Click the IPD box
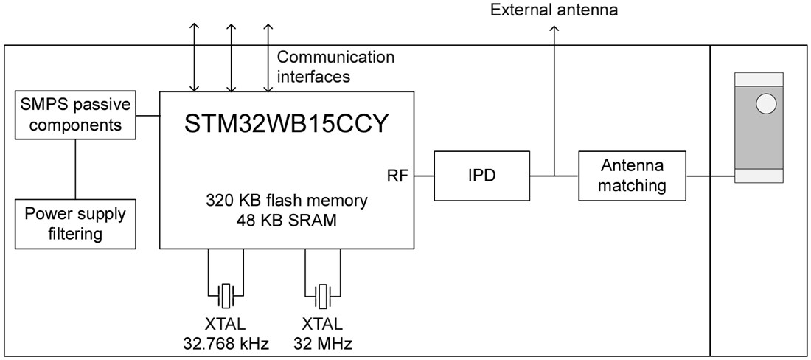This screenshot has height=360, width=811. click(x=482, y=176)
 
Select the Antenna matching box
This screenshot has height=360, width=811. click(x=631, y=176)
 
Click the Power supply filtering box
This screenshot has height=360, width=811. click(x=75, y=224)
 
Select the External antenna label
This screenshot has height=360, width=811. click(x=554, y=10)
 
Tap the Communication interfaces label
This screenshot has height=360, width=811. click(x=335, y=66)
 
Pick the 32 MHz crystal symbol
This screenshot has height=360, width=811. click(x=323, y=296)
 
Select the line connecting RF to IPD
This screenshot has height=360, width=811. click(x=424, y=176)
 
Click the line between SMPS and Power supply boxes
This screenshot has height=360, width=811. click(x=75, y=169)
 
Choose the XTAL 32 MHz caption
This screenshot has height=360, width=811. click(x=322, y=333)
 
